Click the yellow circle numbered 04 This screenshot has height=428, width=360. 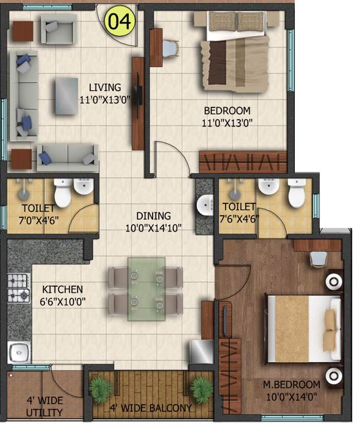coord(120,21)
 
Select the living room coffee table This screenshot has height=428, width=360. coord(67,96)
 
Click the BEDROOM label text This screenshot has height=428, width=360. coord(227,110)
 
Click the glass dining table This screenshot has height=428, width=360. coord(146,288)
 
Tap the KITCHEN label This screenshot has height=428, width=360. coord(62,289)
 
